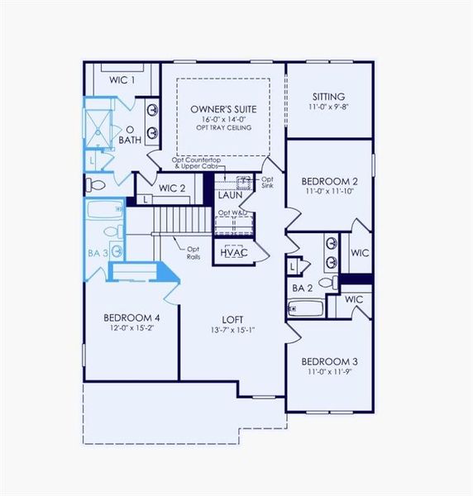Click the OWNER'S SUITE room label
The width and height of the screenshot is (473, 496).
click(222, 109)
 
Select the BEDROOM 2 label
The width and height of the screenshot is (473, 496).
click(329, 181)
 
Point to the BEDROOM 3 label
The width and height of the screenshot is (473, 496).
click(329, 361)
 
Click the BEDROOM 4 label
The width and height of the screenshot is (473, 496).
click(131, 317)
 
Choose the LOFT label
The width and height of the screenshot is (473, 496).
click(232, 319)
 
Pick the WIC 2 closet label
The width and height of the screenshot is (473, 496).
click(172, 188)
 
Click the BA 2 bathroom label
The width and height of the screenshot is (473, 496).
click(301, 287)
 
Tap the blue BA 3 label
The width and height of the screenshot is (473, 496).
click(98, 253)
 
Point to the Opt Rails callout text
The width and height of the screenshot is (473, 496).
click(193, 252)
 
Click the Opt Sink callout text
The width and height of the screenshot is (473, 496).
click(267, 183)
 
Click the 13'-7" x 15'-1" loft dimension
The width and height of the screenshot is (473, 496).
click(232, 331)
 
